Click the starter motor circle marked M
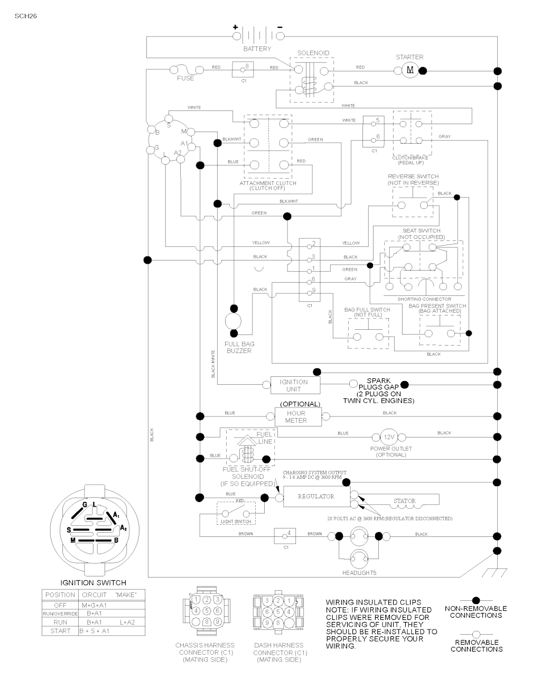pyautogui.click(x=410, y=70)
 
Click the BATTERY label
pyautogui.click(x=257, y=49)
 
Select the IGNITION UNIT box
pyautogui.click(x=294, y=385)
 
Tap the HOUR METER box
pyautogui.click(x=296, y=416)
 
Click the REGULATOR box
pyautogui.click(x=316, y=496)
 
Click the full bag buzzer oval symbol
pyautogui.click(x=233, y=320)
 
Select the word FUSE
pyautogui.click(x=185, y=78)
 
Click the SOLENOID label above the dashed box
pyautogui.click(x=313, y=53)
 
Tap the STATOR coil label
pyautogui.click(x=405, y=500)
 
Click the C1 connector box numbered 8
pyautogui.click(x=244, y=69)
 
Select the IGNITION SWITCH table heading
pyautogui.click(x=94, y=582)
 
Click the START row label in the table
pyautogui.click(x=60, y=631)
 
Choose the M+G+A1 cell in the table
pyautogui.click(x=94, y=605)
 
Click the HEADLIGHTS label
pyautogui.click(x=359, y=573)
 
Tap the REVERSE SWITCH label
pyautogui.click(x=413, y=177)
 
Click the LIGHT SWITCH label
pyautogui.click(x=236, y=522)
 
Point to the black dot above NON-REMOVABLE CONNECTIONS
pyautogui.click(x=476, y=600)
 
